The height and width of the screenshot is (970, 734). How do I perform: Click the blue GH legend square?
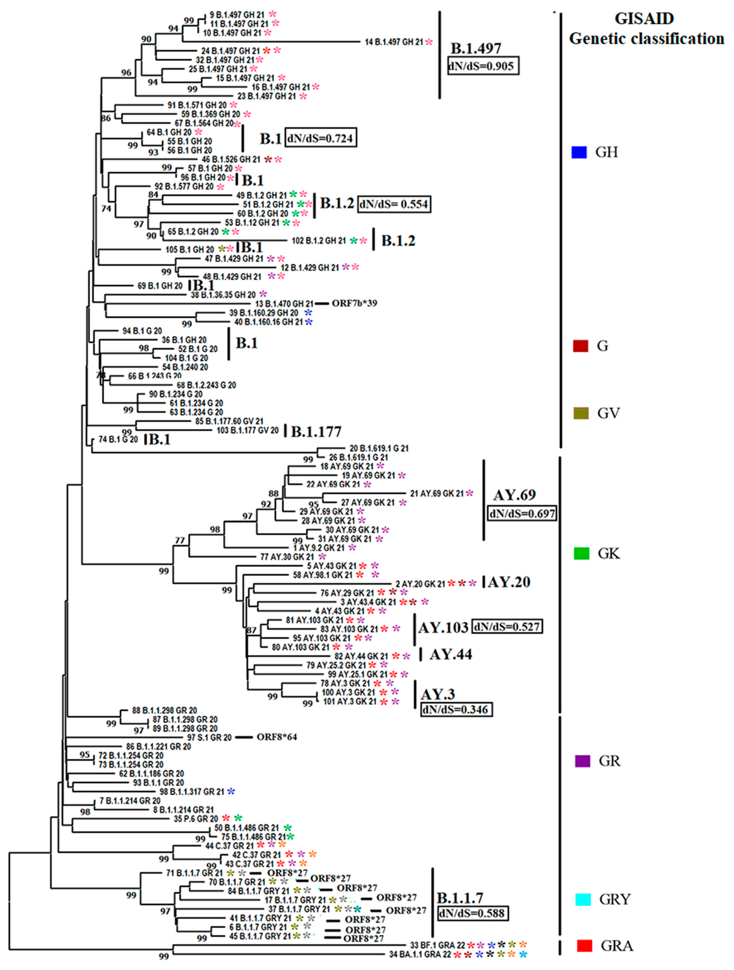579,152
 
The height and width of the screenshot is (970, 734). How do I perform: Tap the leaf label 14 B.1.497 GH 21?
394,42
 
